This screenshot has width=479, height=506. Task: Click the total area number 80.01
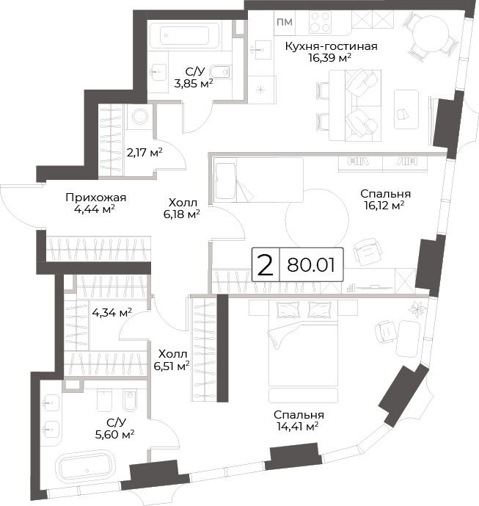[311, 265]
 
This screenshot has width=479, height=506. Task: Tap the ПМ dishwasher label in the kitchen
[285, 22]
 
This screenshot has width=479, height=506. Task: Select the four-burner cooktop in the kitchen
[320, 22]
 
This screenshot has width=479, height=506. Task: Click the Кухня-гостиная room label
[331, 46]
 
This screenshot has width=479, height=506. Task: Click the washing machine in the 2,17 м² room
[140, 117]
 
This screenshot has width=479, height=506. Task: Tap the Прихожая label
[96, 197]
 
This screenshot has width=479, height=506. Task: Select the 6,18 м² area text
[182, 214]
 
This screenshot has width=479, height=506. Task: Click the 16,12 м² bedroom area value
[384, 205]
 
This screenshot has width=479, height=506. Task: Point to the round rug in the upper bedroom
[317, 221]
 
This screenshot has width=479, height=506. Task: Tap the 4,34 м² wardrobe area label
[111, 312]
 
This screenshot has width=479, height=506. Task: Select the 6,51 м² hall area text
[172, 366]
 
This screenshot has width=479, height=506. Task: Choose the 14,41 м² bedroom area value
[298, 427]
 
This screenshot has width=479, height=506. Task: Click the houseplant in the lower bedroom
[417, 308]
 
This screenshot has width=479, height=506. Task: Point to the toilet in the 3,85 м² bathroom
[222, 73]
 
